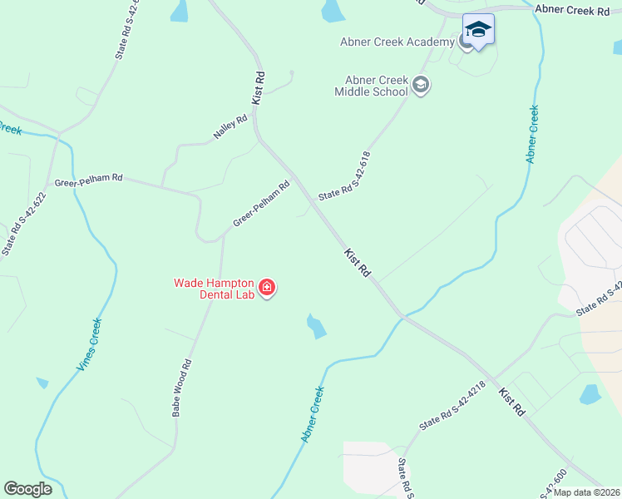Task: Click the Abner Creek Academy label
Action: (x=397, y=42)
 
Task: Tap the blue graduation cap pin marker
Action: (x=478, y=31)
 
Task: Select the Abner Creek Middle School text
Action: (x=371, y=86)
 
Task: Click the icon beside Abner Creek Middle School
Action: (x=421, y=84)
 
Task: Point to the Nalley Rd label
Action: (x=231, y=126)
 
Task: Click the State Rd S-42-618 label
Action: (x=344, y=175)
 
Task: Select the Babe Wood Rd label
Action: (x=182, y=388)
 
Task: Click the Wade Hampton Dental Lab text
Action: (x=214, y=288)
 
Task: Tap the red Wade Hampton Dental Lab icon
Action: (x=267, y=288)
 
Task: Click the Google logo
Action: (x=27, y=489)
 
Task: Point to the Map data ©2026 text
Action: (x=587, y=492)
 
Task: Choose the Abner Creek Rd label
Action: (x=573, y=8)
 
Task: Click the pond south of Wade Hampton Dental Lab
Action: (x=315, y=326)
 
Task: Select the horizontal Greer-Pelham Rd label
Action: (x=89, y=179)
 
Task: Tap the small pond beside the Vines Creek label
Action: (x=42, y=383)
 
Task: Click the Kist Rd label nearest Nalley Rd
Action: (x=259, y=88)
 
